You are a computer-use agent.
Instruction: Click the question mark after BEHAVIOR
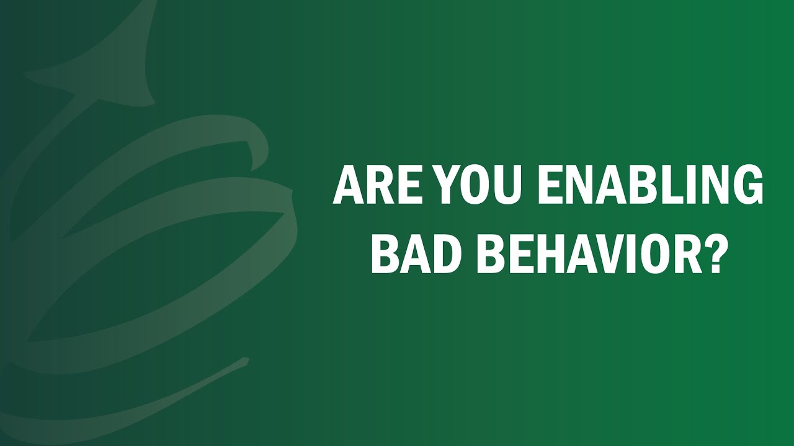711,254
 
